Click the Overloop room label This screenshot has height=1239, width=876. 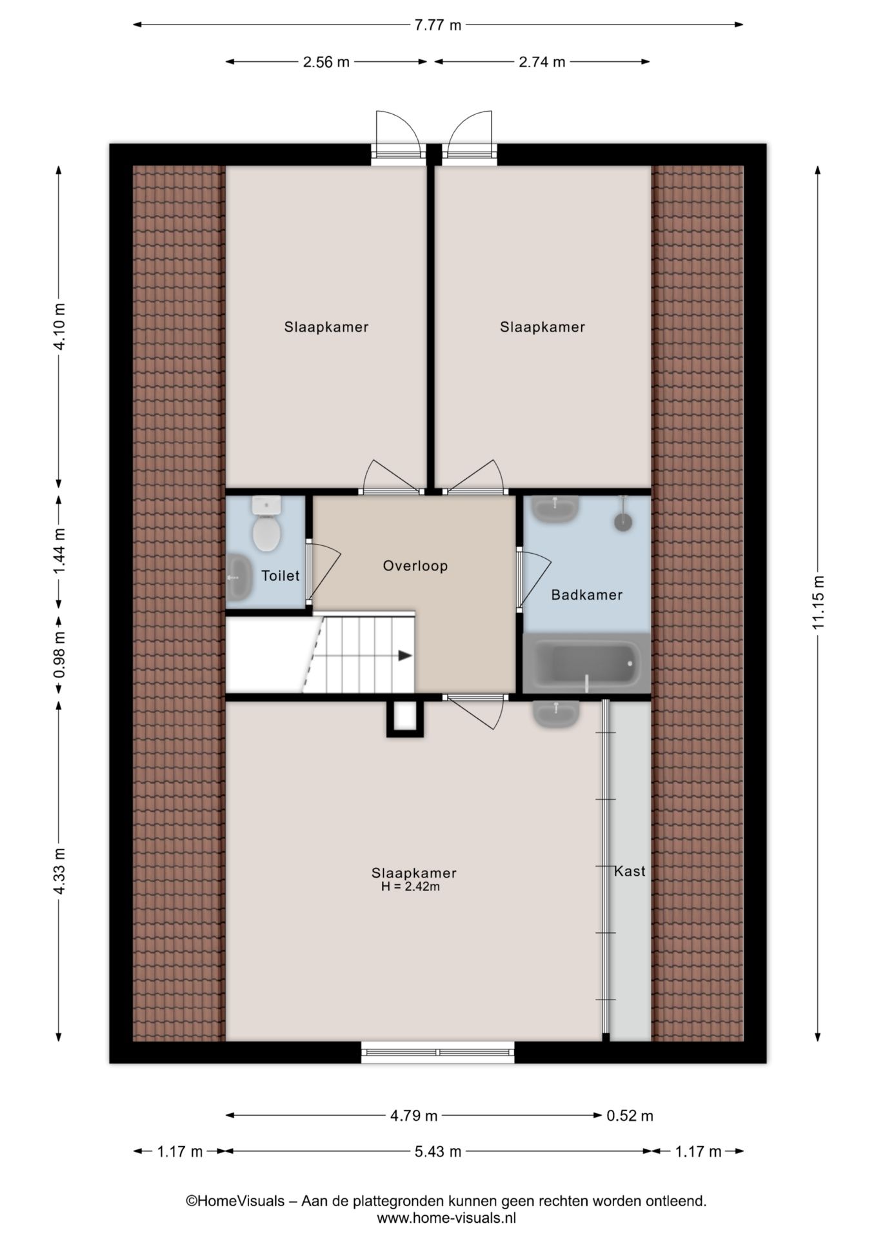pos(415,566)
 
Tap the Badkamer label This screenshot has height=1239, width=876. pos(586,595)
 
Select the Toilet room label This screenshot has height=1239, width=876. pos(280,576)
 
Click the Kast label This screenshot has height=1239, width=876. pos(630,871)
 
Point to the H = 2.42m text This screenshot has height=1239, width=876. pos(410,887)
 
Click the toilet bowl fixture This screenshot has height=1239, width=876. pos(266,524)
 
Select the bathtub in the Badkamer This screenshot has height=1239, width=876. pos(586,663)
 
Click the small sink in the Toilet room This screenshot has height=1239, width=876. pos(239,577)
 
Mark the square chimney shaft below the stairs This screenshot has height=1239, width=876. pos(405,718)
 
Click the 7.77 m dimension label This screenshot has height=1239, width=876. pos(438,25)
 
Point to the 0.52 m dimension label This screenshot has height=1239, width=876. pos(630,1116)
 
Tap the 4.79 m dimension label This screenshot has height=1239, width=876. pos(414,1116)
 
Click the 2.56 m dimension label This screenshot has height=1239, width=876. pos(326,62)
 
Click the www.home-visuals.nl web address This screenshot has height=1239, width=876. pos(446,1218)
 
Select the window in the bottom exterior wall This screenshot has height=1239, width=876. pos(438,1053)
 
